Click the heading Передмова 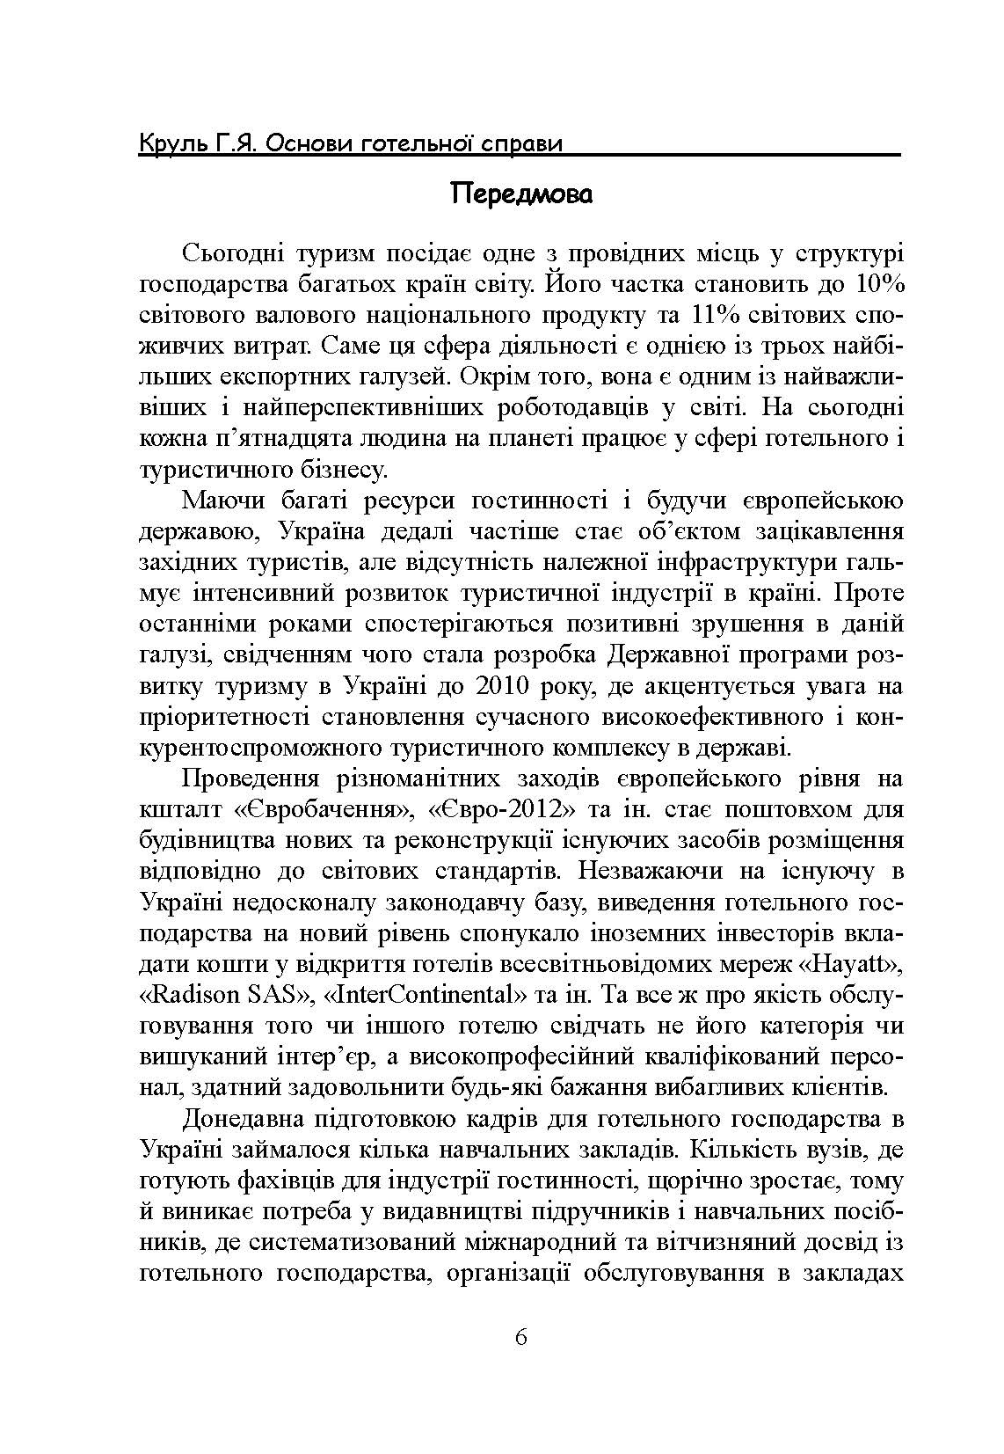[521, 194]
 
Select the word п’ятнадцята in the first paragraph [280, 439]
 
